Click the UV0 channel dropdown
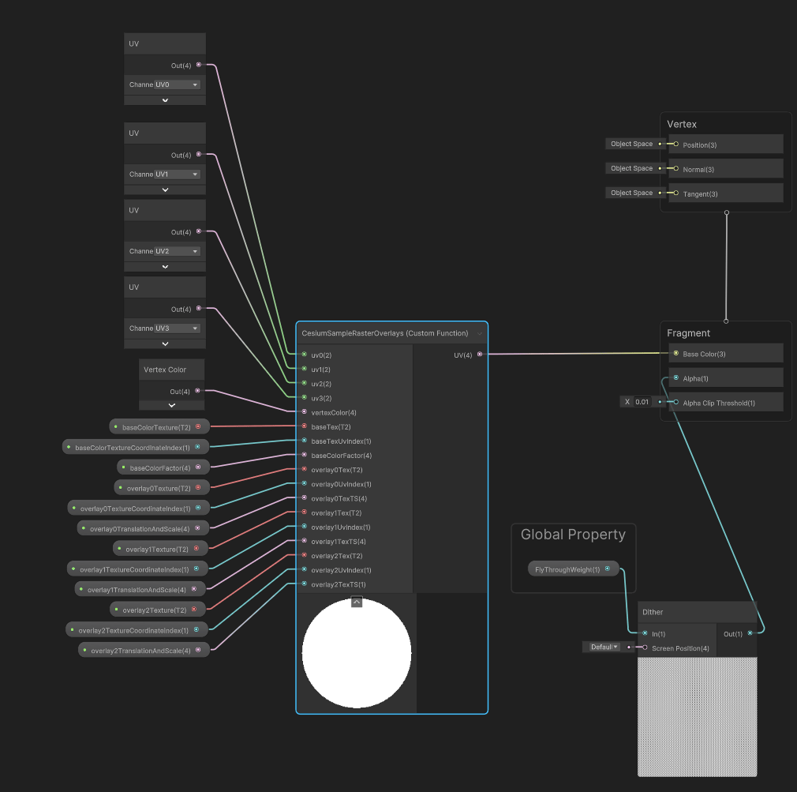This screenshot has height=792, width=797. pyautogui.click(x=177, y=84)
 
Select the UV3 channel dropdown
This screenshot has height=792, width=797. pyautogui.click(x=177, y=328)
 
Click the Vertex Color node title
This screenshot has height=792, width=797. pyautogui.click(x=165, y=370)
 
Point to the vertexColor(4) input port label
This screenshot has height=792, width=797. pyautogui.click(x=333, y=412)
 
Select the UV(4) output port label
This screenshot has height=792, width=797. pyautogui.click(x=462, y=355)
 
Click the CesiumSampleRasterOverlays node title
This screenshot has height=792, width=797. pyautogui.click(x=384, y=333)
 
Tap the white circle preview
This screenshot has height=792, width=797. pyautogui.click(x=357, y=653)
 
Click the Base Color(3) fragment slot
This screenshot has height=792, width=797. pyautogui.click(x=704, y=354)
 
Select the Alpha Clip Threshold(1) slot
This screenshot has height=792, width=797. pyautogui.click(x=719, y=403)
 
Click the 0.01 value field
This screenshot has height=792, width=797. pyautogui.click(x=642, y=402)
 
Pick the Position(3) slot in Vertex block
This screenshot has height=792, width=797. pyautogui.click(x=699, y=145)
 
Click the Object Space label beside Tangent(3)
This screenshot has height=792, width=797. pyautogui.click(x=631, y=193)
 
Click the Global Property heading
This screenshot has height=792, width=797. pyautogui.click(x=573, y=535)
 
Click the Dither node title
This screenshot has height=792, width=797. pyautogui.click(x=653, y=612)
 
